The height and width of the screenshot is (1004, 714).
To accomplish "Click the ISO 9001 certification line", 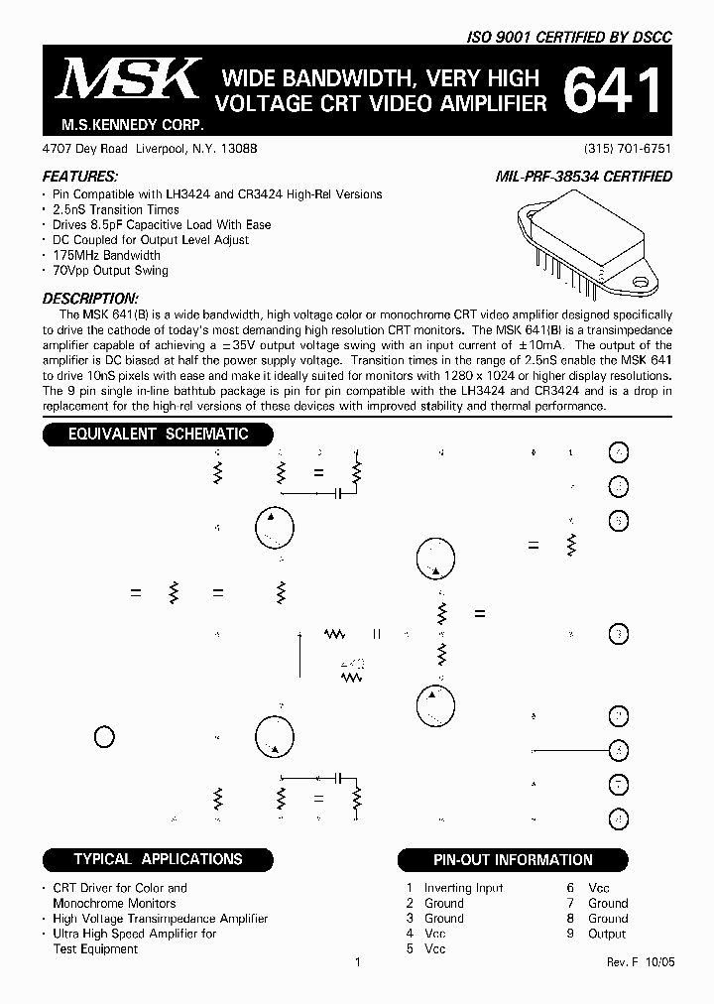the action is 569,37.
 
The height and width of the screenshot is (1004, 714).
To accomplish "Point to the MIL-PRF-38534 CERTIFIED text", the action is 583,177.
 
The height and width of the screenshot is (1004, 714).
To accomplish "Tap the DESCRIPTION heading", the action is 90,299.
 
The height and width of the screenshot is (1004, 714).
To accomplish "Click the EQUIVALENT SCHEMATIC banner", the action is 158,435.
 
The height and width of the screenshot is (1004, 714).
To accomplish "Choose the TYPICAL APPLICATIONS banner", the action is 158,859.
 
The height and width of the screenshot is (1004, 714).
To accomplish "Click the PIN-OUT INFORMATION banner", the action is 513,860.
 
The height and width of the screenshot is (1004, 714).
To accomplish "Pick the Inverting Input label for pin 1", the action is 463,888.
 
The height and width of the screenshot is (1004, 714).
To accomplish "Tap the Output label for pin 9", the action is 607,934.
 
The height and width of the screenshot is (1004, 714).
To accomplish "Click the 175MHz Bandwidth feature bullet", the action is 106,255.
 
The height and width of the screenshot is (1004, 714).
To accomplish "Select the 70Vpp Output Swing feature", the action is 110,270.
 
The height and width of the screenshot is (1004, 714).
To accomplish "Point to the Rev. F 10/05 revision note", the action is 640,963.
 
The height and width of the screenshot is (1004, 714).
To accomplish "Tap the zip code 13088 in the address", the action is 239,148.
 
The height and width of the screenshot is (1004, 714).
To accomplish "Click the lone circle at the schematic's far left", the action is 104,736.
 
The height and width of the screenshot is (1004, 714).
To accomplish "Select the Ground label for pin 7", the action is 608,903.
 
